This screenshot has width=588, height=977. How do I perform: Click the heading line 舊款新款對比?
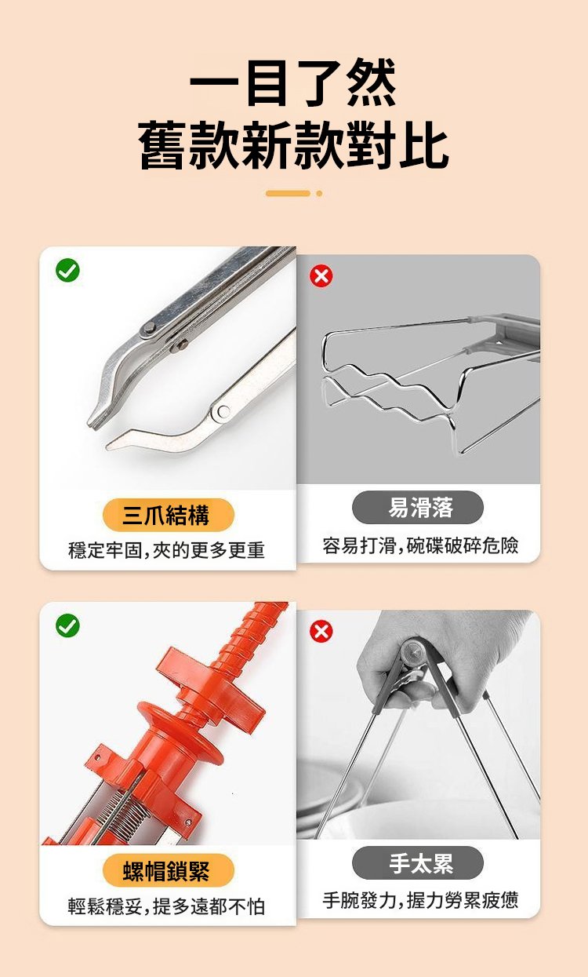tap(293, 144)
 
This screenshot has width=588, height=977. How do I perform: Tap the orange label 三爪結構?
tap(169, 515)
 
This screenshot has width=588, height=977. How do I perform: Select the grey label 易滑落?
tap(418, 507)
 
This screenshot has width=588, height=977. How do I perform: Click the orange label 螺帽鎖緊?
tap(169, 870)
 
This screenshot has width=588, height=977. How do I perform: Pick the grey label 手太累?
tap(418, 863)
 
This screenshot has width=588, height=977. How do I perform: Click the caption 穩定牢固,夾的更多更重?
tap(166, 550)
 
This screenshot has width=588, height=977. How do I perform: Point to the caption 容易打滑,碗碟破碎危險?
tap(420, 545)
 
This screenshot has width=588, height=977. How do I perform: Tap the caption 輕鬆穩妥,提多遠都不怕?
tap(166, 906)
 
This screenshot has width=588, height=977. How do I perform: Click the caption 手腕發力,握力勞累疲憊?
tap(420, 900)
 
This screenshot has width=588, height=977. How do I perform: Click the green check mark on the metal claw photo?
tap(67, 271)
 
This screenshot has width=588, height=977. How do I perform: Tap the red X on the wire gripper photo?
tap(321, 276)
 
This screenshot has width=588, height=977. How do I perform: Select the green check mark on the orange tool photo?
tap(67, 625)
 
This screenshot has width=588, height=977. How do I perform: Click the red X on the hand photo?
tap(321, 632)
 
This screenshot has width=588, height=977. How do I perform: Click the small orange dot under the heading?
tap(320, 193)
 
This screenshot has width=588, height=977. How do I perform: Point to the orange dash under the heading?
tap(288, 193)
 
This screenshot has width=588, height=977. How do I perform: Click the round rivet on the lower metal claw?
tap(223, 411)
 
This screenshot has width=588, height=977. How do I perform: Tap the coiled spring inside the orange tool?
tap(125, 810)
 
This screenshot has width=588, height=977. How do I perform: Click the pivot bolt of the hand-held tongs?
tap(413, 651)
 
